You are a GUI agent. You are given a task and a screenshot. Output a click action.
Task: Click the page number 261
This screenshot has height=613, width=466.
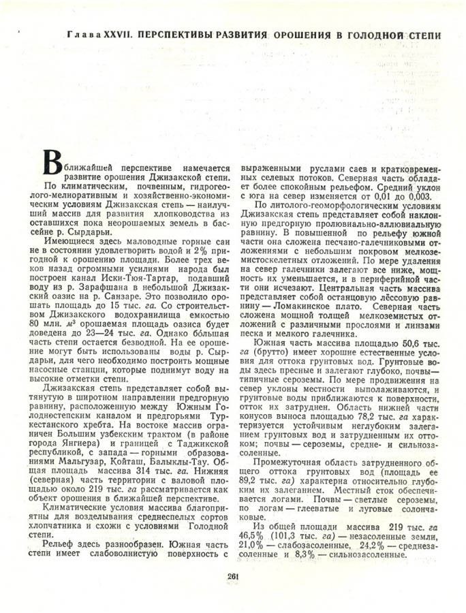(233, 576)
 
